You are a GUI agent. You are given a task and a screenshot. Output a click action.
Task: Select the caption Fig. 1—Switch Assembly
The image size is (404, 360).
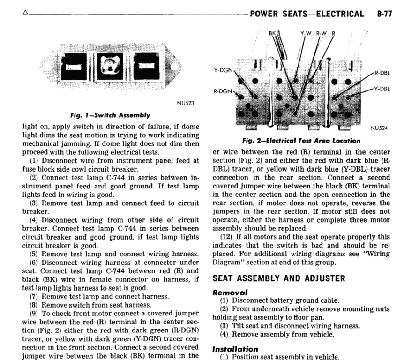click(110, 115)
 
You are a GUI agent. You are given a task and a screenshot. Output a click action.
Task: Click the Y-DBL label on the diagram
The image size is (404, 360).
click(382, 89)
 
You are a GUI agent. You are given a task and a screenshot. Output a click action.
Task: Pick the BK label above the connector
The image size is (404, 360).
click(272, 33)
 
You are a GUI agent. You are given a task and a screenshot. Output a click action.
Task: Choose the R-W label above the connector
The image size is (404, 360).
click(322, 33)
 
